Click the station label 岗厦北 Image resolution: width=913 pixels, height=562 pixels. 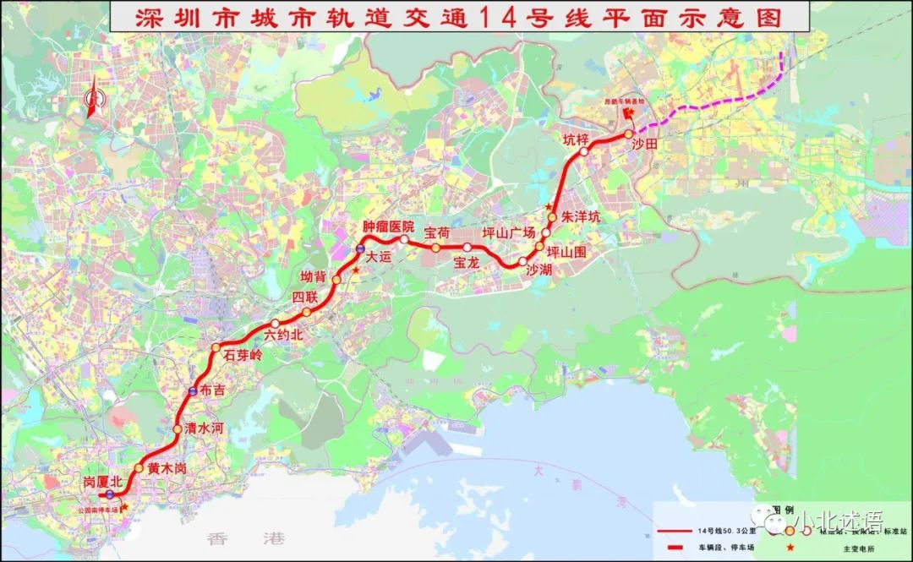coord(103,481)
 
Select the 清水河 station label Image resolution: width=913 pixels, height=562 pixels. coord(204,429)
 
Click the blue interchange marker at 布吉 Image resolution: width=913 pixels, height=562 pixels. coord(193,390)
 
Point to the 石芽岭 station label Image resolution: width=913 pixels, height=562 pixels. coord(243,356)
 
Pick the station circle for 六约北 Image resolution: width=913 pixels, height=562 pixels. coord(275,324)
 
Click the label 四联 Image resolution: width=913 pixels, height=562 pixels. coord(304,297)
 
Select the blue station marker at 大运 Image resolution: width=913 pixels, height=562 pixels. coord(360,250)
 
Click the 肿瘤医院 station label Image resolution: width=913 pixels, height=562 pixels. coord(388,226)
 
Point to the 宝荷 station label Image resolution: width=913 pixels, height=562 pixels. coord(436,232)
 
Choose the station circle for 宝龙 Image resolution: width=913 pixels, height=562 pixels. coord(467,247)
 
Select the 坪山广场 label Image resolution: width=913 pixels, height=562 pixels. coord(509,232)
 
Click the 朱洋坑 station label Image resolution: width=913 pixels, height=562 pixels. coord(580,217)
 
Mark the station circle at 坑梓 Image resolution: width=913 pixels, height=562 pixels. coord(583,151)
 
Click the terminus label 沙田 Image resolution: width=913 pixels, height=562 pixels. coord(644,145)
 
